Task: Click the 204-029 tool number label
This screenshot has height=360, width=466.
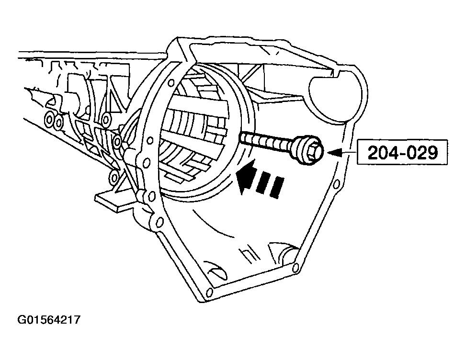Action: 403,152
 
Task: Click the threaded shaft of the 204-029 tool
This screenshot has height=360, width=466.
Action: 266,141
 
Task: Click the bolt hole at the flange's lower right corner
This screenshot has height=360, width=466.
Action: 296,266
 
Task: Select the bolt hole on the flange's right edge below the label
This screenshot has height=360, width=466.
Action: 337,184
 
